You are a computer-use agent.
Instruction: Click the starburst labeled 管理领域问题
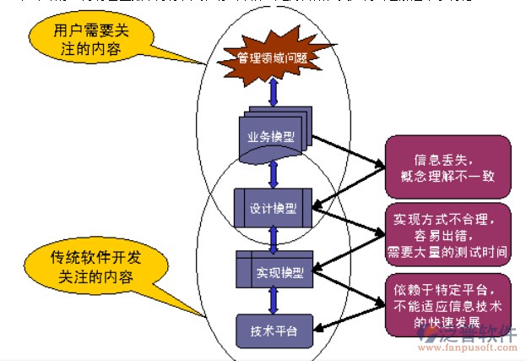[x=273, y=57]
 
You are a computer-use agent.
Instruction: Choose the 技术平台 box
[x=273, y=328]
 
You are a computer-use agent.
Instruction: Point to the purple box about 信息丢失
[x=447, y=167]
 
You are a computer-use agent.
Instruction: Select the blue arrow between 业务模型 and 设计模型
[x=273, y=172]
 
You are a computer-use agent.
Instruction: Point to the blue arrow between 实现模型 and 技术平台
[x=273, y=299]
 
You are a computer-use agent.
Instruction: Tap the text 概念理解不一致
[x=447, y=176]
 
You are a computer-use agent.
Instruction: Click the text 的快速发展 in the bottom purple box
[x=447, y=323]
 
